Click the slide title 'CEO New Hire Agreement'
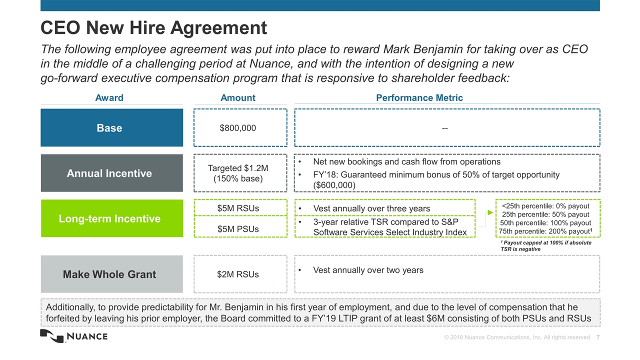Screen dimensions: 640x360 tap(153, 27)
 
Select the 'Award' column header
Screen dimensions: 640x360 tap(109, 97)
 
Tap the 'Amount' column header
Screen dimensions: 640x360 tap(237, 97)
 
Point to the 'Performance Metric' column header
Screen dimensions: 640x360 tap(419, 97)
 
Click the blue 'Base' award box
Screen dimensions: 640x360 tap(111, 127)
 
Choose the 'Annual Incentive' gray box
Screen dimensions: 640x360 tap(111, 173)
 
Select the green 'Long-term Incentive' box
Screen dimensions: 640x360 tap(111, 218)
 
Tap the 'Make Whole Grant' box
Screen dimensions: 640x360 tap(111, 274)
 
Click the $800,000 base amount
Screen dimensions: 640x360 tap(237, 128)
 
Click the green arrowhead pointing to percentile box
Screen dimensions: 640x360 tap(490, 212)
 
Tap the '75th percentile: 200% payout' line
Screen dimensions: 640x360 tap(545, 231)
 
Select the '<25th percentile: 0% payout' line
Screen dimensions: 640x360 tap(545, 206)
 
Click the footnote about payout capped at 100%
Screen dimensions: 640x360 tap(545, 245)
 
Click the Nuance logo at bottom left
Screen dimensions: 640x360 tap(74, 336)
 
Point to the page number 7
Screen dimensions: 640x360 tap(597, 337)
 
